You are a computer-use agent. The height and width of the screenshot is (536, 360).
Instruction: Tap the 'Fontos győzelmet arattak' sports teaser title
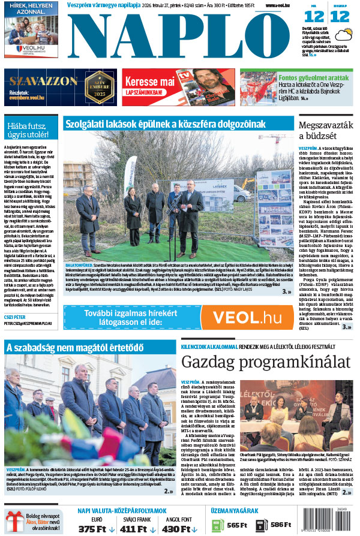[313, 77]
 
